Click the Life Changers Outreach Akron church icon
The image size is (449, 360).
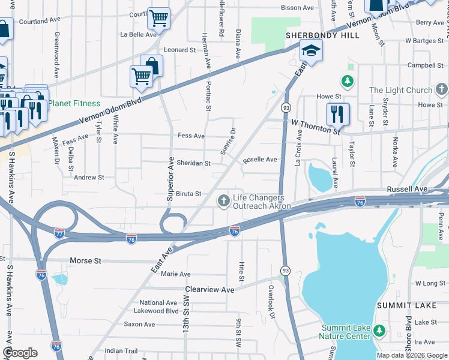224,200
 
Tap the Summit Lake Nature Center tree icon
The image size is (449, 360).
379,331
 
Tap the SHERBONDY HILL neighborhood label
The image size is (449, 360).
322,35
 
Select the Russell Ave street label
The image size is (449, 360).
407,189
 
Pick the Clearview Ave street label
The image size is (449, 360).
210,290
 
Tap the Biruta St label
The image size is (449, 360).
188,194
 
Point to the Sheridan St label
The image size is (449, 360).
193,163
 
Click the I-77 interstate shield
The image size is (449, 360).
59,232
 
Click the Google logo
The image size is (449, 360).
20,353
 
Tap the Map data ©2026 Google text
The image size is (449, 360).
411,355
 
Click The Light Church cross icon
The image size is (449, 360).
442,91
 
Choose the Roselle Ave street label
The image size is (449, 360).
260,160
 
